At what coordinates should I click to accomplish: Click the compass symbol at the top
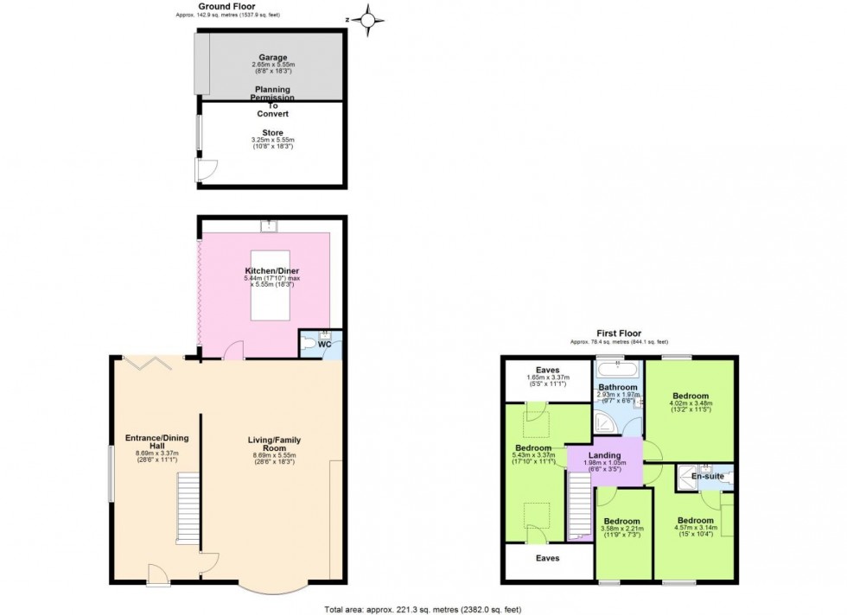(370, 18)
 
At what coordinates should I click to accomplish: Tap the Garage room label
(272, 58)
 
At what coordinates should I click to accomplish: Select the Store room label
(272, 133)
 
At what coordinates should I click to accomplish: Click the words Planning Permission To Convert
(272, 101)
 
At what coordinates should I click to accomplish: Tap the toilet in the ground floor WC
(307, 342)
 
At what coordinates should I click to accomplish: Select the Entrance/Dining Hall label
(156, 442)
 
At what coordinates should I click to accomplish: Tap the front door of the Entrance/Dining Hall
(159, 574)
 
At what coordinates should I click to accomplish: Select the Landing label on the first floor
(605, 456)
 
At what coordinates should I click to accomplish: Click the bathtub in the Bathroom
(617, 371)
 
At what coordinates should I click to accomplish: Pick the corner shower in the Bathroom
(605, 420)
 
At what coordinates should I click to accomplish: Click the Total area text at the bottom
(423, 608)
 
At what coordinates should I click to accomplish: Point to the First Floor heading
(618, 333)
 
